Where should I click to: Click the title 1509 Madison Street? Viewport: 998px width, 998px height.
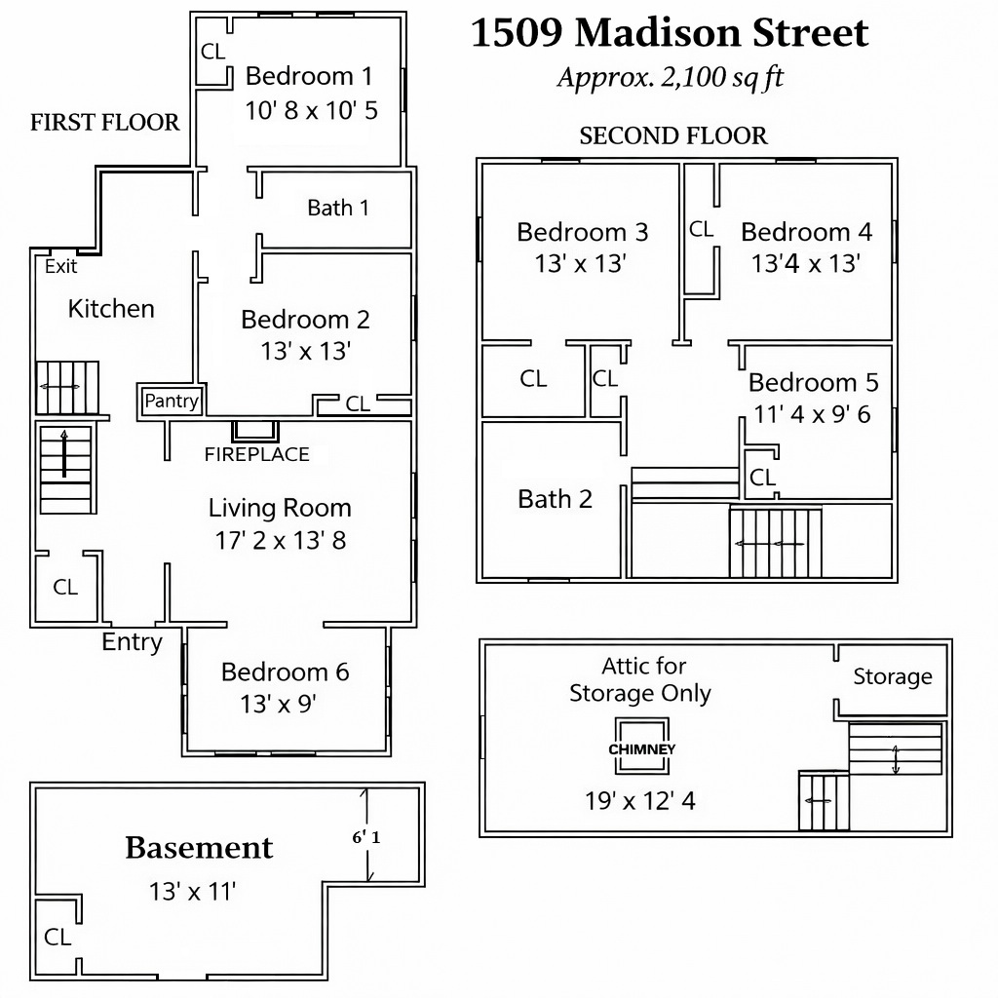[670, 33]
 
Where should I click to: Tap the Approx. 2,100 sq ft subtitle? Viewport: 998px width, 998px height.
[671, 77]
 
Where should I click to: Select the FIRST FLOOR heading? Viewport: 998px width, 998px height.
[105, 122]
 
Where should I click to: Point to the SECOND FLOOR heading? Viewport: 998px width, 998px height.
[673, 135]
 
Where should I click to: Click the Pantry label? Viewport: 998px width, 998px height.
[172, 401]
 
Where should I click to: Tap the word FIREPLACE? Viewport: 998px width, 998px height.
[257, 454]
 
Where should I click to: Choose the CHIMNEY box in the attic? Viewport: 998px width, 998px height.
[641, 746]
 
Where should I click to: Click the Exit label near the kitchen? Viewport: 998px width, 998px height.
[60, 266]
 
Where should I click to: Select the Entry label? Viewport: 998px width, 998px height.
[133, 642]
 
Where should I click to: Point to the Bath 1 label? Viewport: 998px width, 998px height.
[338, 208]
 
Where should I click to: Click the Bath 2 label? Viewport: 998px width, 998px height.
[555, 499]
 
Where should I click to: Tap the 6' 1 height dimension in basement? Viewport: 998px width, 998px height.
[366, 837]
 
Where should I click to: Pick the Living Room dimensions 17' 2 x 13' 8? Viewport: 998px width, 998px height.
[281, 540]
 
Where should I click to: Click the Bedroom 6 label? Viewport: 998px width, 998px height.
[286, 672]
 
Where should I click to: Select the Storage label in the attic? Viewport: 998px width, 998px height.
[893, 676]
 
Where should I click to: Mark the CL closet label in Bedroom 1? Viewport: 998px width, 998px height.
[213, 52]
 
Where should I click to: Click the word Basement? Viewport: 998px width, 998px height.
[199, 848]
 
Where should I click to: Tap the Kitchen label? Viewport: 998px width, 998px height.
[111, 309]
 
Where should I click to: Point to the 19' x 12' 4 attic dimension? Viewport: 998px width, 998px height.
[640, 801]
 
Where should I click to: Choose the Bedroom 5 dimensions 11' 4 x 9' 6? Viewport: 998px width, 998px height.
[812, 414]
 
